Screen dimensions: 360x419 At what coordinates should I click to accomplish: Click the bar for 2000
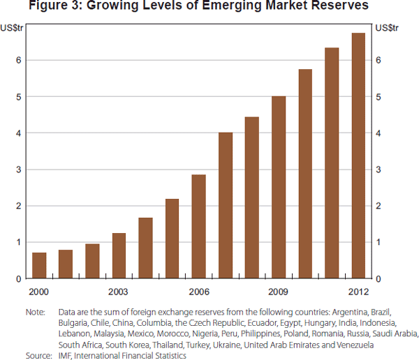(39, 265)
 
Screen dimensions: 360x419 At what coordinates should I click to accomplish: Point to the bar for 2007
(226, 205)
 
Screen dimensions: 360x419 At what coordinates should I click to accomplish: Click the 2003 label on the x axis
(119, 290)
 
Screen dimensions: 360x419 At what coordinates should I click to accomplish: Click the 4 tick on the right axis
(378, 133)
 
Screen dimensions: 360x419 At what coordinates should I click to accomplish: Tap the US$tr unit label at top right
(386, 28)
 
